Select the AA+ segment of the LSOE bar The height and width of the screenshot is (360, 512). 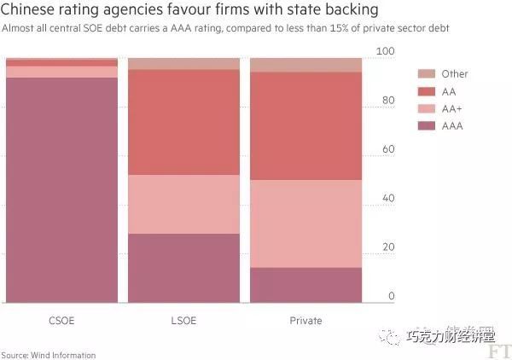pos(183,204)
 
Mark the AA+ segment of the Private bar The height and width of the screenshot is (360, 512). pos(305,224)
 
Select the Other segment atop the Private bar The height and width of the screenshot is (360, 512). pos(305,65)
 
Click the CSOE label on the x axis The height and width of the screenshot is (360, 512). pos(61,321)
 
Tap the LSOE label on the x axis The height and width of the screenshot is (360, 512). pos(183,321)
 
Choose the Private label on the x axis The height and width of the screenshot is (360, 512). pos(305,321)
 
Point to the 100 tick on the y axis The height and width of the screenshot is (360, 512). pos(387,52)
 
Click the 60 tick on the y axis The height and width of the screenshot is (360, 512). pos(388,149)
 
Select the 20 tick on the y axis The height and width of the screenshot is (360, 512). pos(388,247)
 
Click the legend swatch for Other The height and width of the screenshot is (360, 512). pos(427,74)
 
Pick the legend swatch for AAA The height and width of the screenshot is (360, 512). pos(427,125)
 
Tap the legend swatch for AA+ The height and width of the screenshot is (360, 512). pos(427,108)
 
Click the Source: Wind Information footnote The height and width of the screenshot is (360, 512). pos(49,355)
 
